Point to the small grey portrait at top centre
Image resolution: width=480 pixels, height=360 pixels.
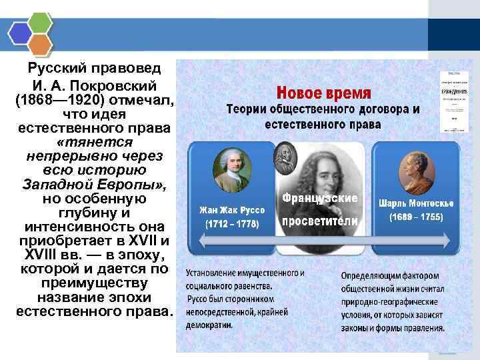[285, 157]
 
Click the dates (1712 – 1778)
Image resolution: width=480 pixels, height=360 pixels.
[233, 224]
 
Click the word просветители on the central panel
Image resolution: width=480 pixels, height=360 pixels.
[320, 221]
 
